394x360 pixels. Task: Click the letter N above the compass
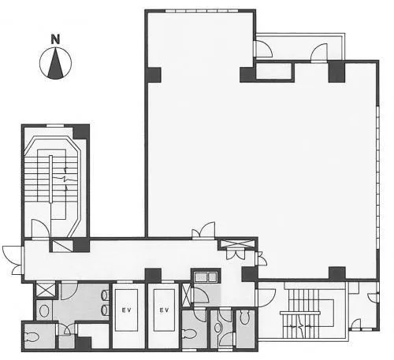coord(55,39)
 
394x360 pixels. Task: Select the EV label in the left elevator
coord(126,310)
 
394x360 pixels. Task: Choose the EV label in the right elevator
coord(164,310)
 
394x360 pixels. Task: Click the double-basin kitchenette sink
coord(206,276)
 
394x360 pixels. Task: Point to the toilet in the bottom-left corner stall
coord(31,337)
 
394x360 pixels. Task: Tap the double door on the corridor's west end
coord(13,260)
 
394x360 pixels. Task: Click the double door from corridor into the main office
coord(203,231)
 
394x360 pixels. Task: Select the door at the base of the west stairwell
coord(40,229)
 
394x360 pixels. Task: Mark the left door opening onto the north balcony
coord(263,49)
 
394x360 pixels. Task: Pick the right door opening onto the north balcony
coord(319,53)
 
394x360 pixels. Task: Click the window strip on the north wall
coord(202,11)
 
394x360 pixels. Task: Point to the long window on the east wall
coord(377,177)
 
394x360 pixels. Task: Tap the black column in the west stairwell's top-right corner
coord(81,132)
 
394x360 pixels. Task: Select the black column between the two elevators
coord(153,275)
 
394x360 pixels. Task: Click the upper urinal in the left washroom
coord(105,295)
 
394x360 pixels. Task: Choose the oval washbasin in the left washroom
coord(44,311)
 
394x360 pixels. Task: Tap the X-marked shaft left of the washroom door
coord(45,290)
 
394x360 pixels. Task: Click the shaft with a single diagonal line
coord(62,246)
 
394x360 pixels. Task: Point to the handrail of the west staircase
coord(50,179)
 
